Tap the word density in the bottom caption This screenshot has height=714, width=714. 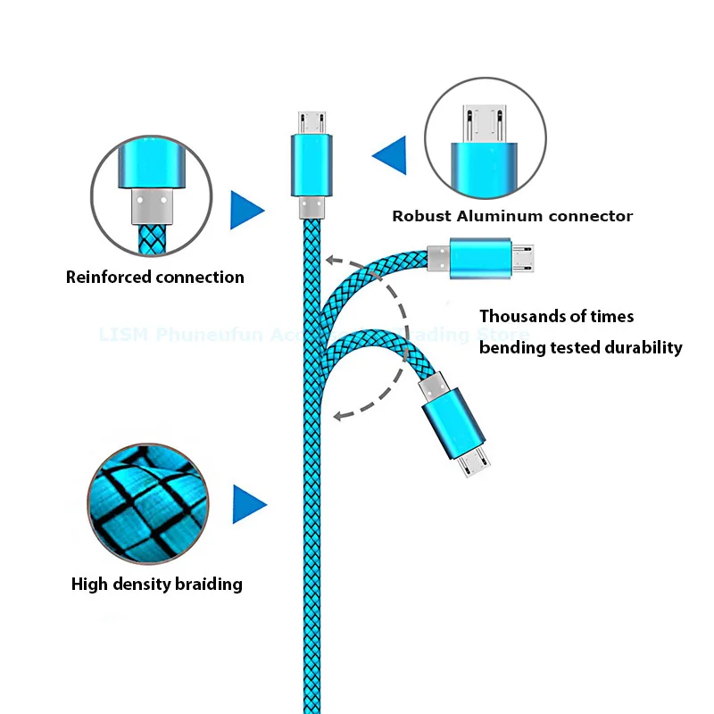[139, 585]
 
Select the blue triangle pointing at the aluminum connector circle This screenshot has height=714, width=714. [390, 154]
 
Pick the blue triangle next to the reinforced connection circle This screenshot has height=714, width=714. [246, 211]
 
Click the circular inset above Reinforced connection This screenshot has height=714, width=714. [150, 194]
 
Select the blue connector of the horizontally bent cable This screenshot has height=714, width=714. [479, 258]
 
